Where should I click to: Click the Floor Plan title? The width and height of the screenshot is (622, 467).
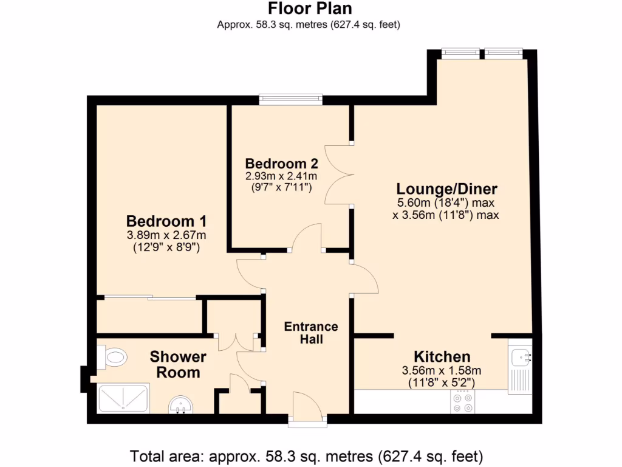tap(310, 9)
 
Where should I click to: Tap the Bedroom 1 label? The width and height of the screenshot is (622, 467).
tap(166, 221)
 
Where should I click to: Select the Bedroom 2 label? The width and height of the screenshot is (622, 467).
tap(281, 164)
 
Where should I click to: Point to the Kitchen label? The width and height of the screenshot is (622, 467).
tap(442, 357)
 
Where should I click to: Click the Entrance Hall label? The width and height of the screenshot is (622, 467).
tap(311, 333)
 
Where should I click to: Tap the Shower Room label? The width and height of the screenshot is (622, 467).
tap(178, 364)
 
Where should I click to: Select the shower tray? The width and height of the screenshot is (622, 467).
tap(123, 398)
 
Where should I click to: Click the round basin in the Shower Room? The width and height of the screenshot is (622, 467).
tap(180, 404)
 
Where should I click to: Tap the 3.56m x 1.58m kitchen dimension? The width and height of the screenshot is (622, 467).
tap(442, 370)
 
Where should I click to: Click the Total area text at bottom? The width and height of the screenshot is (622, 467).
tap(307, 455)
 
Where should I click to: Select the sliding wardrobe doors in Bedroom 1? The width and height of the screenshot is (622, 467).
tap(149, 297)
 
